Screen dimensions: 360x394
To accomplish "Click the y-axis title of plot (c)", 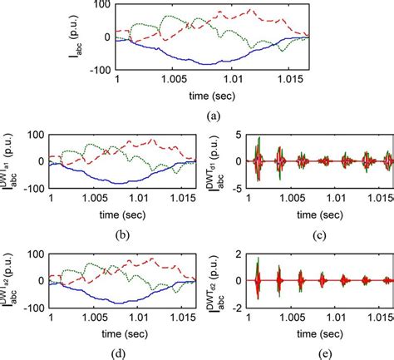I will point(208,160).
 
